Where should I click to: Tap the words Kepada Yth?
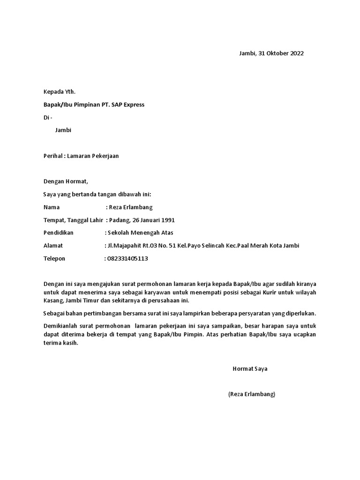point(59,91)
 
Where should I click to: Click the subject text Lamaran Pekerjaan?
point(93,156)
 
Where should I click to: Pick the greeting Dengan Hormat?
point(66,181)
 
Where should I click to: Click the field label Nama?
point(52,207)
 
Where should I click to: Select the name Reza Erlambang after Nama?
point(131,207)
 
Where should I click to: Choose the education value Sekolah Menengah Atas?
point(140,233)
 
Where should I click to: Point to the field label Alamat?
point(53,246)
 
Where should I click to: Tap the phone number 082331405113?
point(128,258)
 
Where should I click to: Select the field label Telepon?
point(54,258)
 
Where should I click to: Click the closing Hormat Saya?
point(250,369)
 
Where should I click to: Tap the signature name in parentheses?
point(252,394)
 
